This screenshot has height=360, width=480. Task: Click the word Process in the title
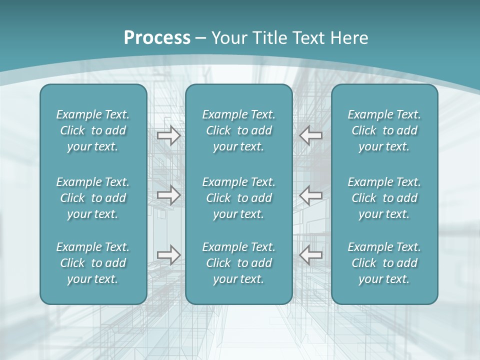(157, 38)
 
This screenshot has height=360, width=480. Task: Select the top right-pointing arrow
(169, 135)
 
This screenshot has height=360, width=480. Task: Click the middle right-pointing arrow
(169, 195)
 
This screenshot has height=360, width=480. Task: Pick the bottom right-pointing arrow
(169, 255)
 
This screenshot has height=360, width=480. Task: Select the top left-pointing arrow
(311, 135)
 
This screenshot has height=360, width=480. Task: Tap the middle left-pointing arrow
(311, 195)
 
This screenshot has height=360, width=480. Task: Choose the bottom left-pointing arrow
(311, 255)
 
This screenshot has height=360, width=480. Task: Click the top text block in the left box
(93, 130)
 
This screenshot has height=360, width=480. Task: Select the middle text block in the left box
(93, 198)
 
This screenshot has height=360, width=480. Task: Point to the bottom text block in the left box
(93, 263)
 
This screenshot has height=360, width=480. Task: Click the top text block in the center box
(239, 130)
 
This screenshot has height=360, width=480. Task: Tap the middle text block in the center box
(239, 198)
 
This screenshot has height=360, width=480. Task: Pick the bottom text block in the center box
(239, 263)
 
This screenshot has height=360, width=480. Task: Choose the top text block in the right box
(384, 130)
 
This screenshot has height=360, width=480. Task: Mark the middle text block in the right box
(384, 198)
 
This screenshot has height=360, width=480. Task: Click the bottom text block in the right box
(384, 263)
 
